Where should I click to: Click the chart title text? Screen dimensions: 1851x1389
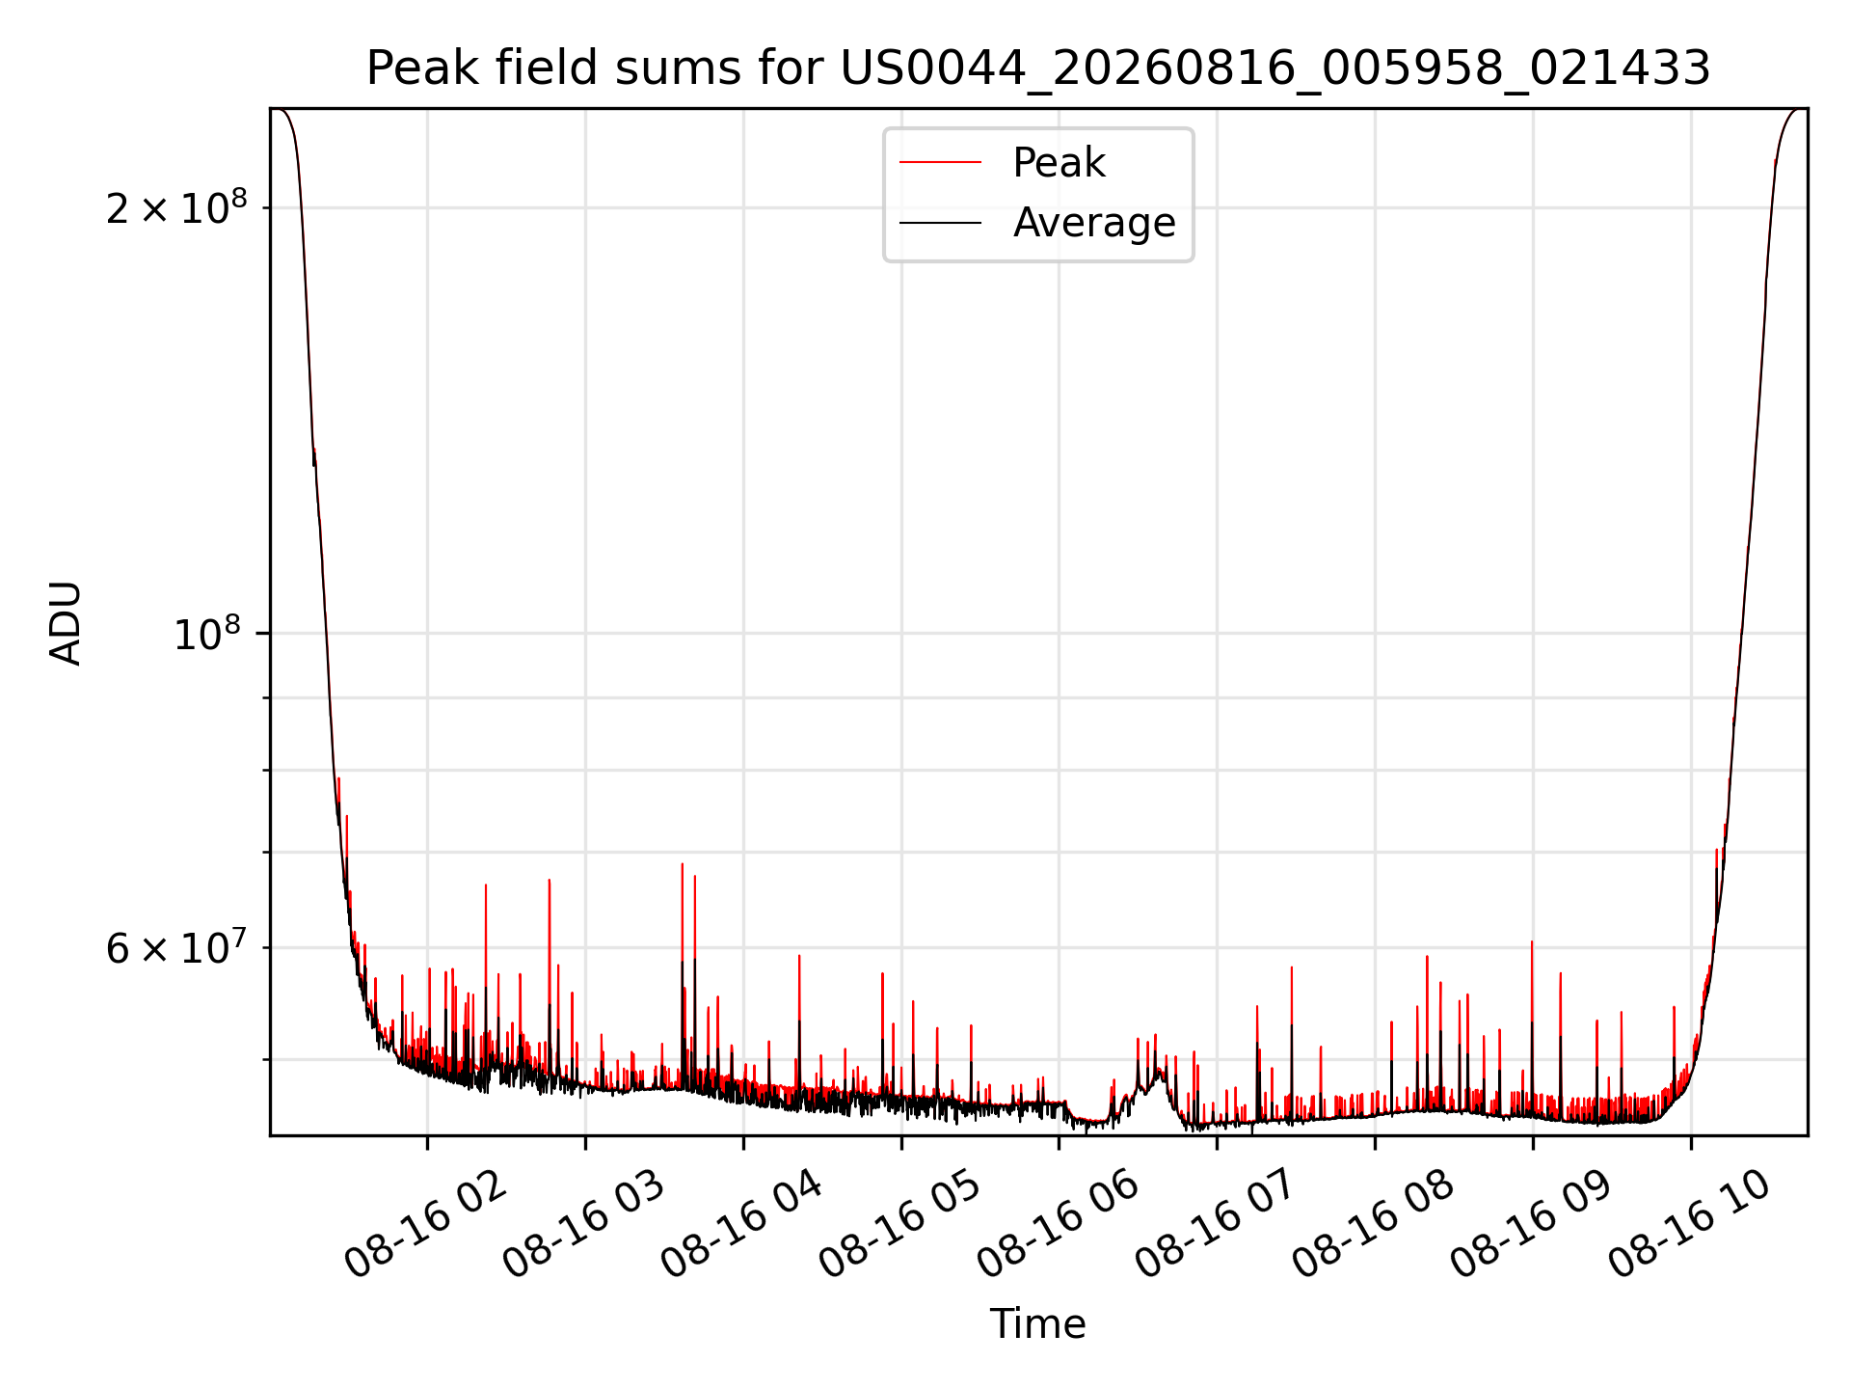(x=1038, y=68)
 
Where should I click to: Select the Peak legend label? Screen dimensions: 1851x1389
(x=1059, y=163)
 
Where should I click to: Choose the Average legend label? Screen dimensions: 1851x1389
(x=1094, y=223)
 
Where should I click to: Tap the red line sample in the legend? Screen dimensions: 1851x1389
(x=941, y=163)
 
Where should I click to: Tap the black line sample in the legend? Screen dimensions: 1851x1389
(x=941, y=223)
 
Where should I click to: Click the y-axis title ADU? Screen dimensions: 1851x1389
(x=66, y=623)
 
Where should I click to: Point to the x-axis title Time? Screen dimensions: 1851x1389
(x=1038, y=1324)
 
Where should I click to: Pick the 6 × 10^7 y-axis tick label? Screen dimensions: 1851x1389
(x=176, y=947)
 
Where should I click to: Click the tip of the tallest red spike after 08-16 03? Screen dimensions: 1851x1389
(x=683, y=863)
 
